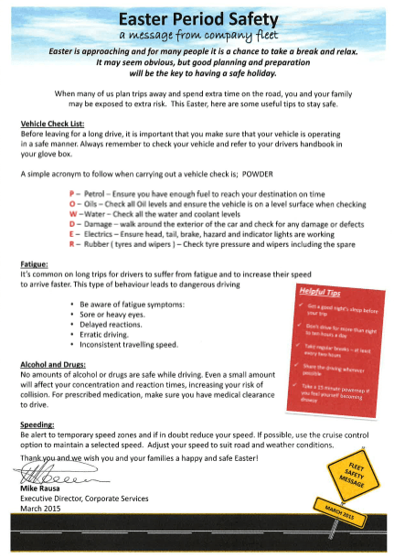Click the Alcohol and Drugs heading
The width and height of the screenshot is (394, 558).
pos(56,364)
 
